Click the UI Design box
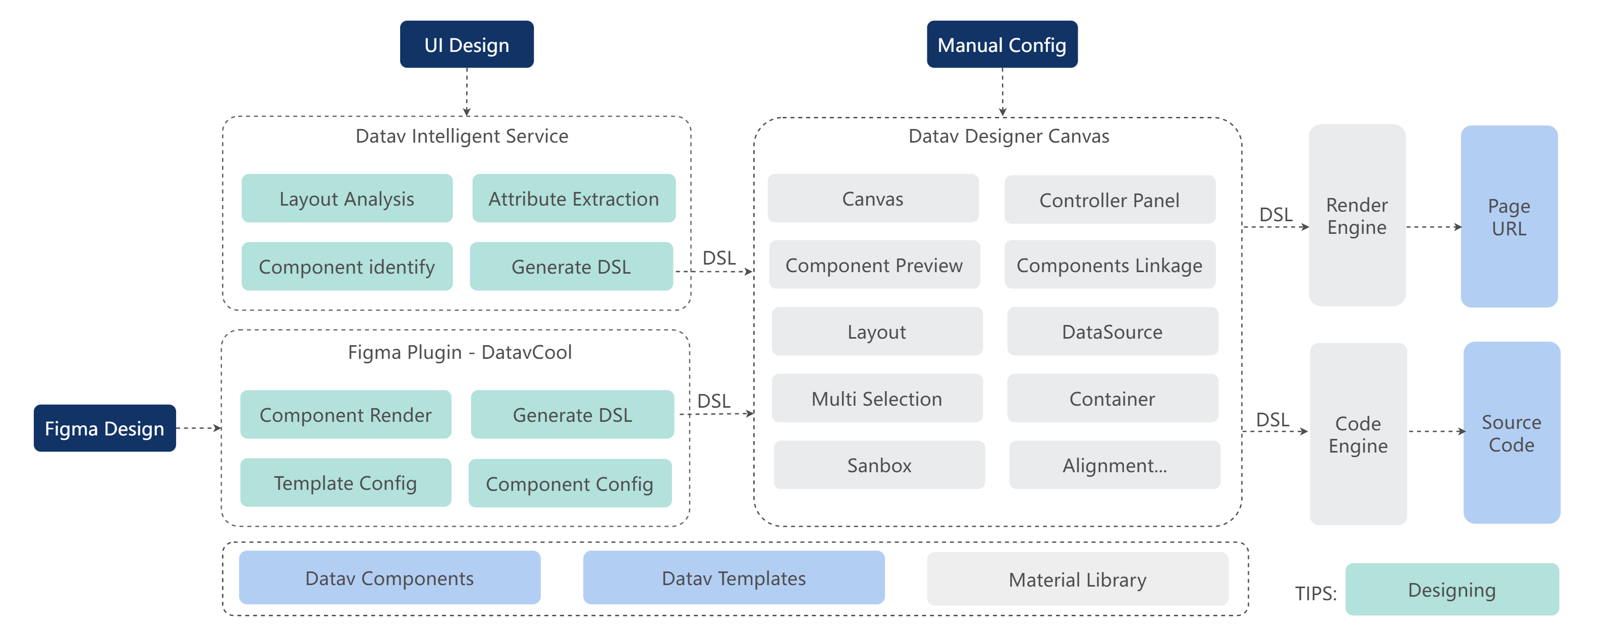click(467, 44)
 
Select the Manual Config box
click(1002, 44)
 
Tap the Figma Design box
click(105, 428)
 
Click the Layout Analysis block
click(347, 199)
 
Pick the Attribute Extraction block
click(574, 199)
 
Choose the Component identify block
click(347, 266)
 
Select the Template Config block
click(346, 482)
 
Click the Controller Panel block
click(1109, 200)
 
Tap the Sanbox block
click(879, 465)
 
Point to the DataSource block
click(1112, 331)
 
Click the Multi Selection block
click(877, 398)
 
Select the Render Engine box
click(1357, 215)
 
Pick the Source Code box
click(1512, 433)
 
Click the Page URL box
click(1509, 216)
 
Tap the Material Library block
click(1077, 579)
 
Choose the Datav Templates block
click(734, 578)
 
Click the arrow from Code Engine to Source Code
click(1437, 431)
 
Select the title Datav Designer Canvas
click(1009, 136)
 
